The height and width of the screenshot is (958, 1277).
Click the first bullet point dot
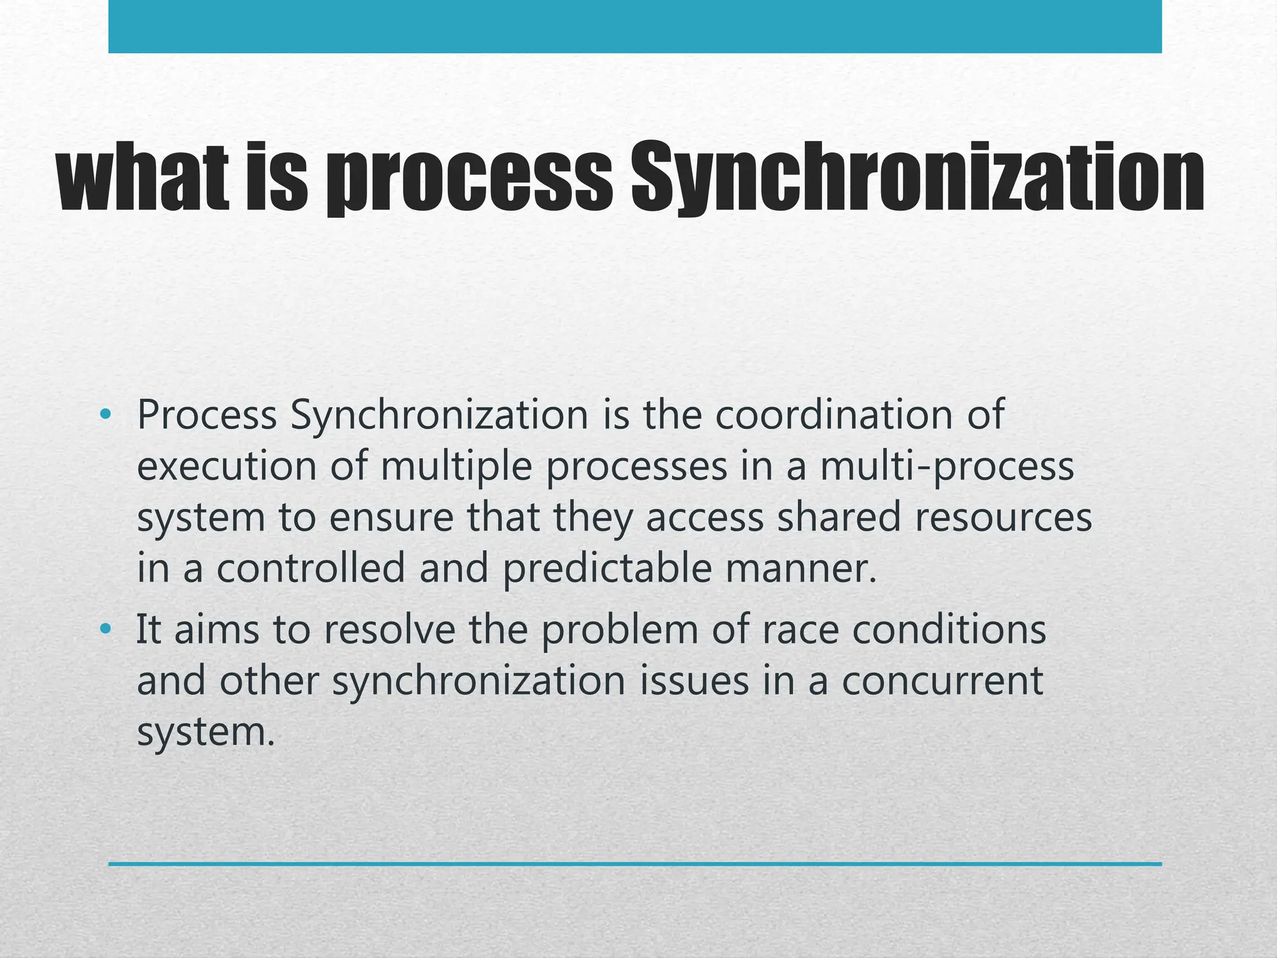(x=105, y=414)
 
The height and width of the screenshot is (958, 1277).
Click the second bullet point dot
(x=105, y=629)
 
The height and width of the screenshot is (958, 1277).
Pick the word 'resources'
(x=1003, y=519)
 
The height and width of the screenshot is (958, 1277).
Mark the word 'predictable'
(x=607, y=569)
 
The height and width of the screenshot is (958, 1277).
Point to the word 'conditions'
(x=949, y=629)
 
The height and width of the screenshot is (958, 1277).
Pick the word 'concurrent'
(x=942, y=681)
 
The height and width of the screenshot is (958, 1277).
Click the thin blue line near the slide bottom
(x=635, y=864)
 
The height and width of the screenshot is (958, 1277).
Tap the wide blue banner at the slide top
(x=635, y=26)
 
